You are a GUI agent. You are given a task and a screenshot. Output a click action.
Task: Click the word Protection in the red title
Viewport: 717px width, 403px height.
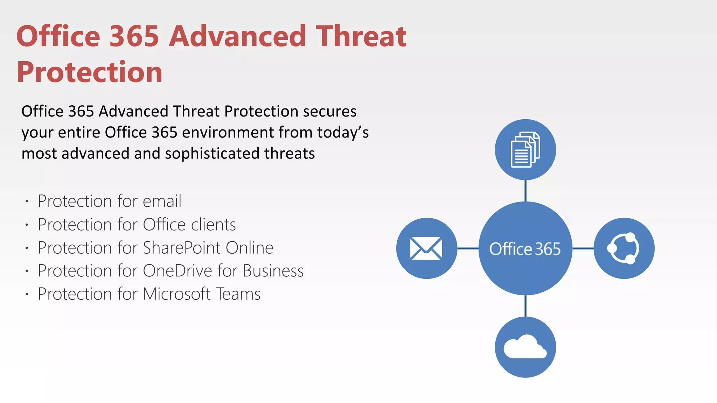point(90,72)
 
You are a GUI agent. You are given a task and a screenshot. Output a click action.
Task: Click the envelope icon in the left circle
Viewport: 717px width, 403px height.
point(426,248)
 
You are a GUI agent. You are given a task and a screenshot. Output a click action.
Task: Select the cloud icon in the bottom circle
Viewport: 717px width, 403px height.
point(525,347)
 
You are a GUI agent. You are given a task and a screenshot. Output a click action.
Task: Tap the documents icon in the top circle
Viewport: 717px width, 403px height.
point(525,150)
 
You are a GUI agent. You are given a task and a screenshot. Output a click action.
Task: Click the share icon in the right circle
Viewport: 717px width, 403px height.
point(624,248)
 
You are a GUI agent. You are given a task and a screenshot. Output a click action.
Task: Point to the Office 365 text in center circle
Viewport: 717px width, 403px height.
point(525,249)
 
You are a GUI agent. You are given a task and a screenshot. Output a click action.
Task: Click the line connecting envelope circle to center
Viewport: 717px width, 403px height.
point(468,248)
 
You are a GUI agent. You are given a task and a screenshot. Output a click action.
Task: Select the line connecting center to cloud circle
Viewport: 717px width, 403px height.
point(525,306)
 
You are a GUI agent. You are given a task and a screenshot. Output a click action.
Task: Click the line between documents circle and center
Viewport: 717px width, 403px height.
point(525,191)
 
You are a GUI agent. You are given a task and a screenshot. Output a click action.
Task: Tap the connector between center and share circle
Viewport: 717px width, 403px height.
point(583,248)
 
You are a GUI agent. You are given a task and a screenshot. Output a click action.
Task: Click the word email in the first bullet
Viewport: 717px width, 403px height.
point(162,201)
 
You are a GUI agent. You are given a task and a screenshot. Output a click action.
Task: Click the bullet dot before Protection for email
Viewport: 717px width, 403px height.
point(27,201)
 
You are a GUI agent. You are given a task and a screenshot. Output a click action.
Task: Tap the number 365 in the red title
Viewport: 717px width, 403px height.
point(134,36)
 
